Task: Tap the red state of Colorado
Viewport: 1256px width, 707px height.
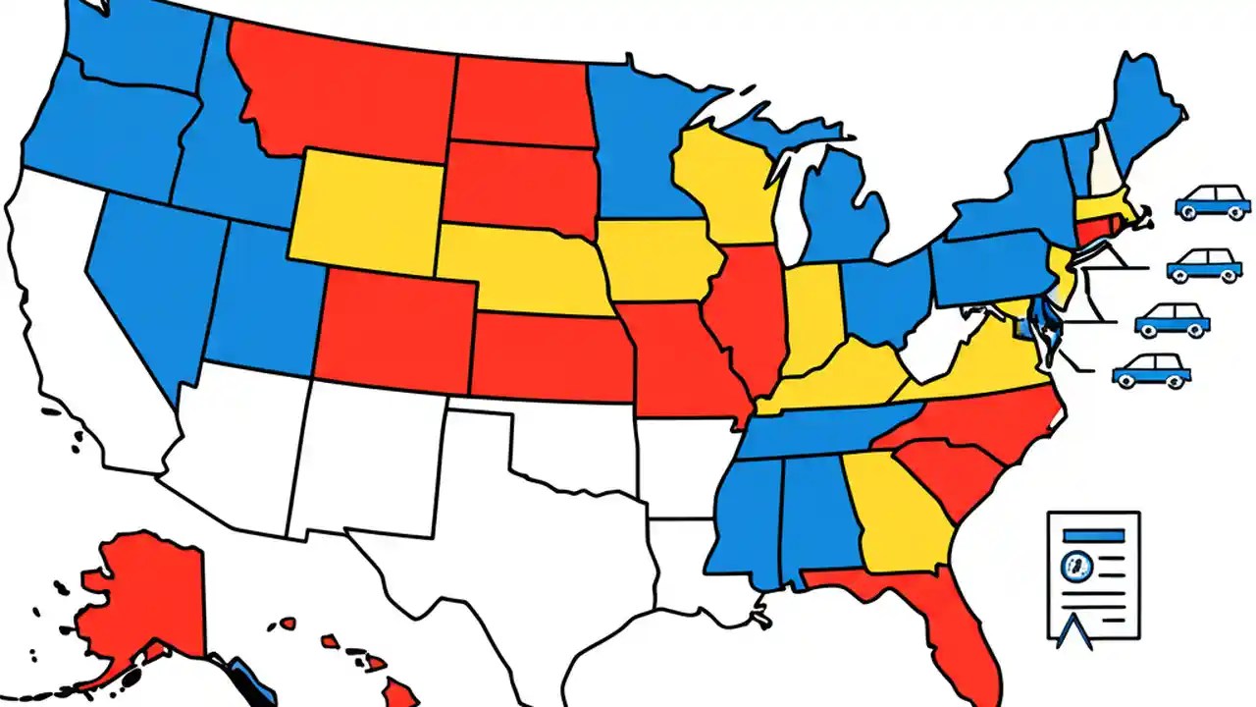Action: (x=392, y=324)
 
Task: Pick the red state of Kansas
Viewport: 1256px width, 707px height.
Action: (x=549, y=358)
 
